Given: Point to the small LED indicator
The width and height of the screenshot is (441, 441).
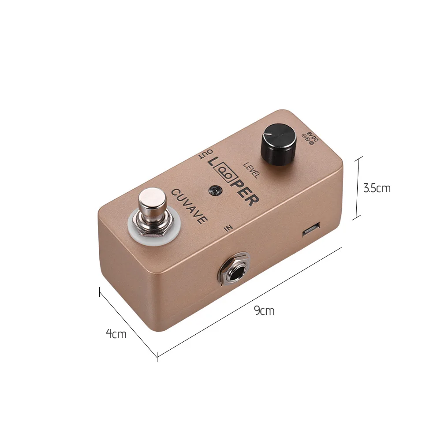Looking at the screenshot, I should click(x=216, y=190).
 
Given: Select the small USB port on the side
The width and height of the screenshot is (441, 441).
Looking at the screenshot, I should click(x=312, y=230).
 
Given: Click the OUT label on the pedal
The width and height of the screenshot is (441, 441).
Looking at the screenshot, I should click(x=206, y=155).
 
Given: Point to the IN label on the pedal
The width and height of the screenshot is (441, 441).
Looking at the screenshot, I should click(x=228, y=228).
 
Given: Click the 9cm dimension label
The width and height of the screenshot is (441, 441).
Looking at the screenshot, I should click(x=264, y=311).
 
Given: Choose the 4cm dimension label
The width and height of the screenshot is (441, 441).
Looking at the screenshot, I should click(x=116, y=334).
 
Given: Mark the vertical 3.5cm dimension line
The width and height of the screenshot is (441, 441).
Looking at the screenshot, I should click(x=359, y=187).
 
